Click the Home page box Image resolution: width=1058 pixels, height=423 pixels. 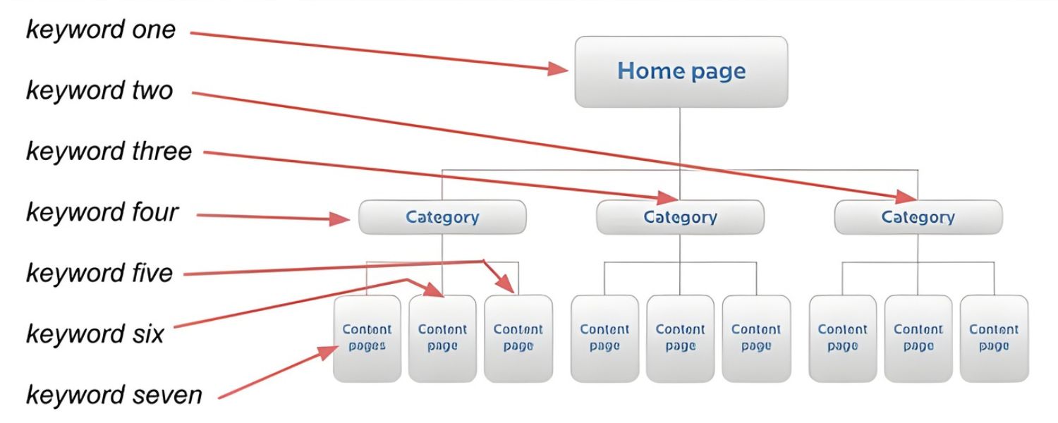pyautogui.click(x=681, y=72)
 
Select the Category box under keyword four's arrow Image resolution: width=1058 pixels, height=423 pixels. pyautogui.click(x=442, y=217)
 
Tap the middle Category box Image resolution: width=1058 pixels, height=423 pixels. pyautogui.click(x=680, y=217)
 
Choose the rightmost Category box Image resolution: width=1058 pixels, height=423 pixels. pyautogui.click(x=918, y=217)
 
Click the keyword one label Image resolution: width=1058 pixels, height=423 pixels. pyautogui.click(x=101, y=30)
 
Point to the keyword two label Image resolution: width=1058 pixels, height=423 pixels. pyautogui.click(x=99, y=90)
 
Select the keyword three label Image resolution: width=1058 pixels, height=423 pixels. pyautogui.click(x=109, y=151)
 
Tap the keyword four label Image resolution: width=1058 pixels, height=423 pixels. pyautogui.click(x=102, y=211)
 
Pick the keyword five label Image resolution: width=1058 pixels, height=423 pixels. pyautogui.click(x=99, y=272)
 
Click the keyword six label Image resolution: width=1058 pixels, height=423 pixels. pyautogui.click(x=95, y=333)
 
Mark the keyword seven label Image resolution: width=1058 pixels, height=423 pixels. pyautogui.click(x=114, y=394)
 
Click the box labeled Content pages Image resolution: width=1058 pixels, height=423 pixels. pyautogui.click(x=367, y=338)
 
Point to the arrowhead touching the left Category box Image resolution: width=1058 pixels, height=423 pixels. pyautogui.click(x=343, y=219)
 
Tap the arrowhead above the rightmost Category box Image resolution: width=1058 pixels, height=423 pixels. pyautogui.click(x=906, y=195)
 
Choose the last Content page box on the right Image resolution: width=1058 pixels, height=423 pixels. pyautogui.click(x=994, y=338)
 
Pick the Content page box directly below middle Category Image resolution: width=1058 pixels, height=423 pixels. pyautogui.click(x=680, y=338)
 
